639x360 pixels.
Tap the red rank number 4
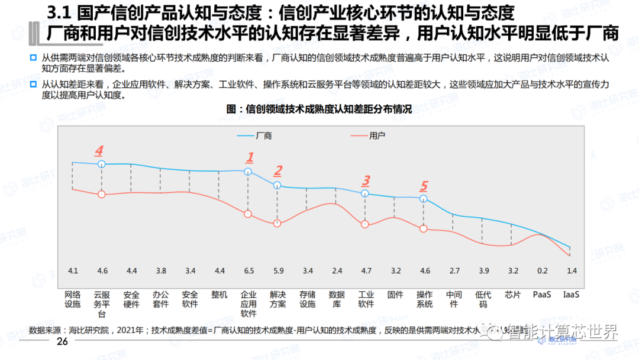[99, 150]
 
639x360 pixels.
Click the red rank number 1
[250, 157]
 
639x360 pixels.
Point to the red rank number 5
[424, 185]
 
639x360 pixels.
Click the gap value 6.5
[248, 271]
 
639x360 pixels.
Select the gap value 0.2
[542, 271]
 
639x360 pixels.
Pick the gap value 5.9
[277, 271]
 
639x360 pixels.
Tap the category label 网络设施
[72, 299]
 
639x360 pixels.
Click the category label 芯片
[512, 294]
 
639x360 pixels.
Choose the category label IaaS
[571, 294]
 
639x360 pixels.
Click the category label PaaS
[542, 294]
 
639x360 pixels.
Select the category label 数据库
[337, 299]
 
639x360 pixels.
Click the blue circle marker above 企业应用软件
[248, 172]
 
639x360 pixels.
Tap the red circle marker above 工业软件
[365, 224]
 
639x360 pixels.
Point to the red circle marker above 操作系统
[424, 229]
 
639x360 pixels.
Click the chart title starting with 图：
[319, 110]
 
